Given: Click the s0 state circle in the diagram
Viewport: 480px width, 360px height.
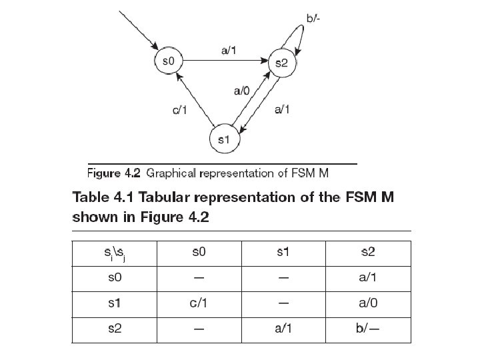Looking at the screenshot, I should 169,61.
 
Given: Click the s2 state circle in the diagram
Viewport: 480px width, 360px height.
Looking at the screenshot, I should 281,63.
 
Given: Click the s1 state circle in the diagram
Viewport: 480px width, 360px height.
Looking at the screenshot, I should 225,140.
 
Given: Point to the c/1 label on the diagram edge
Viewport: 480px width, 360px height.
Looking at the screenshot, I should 180,111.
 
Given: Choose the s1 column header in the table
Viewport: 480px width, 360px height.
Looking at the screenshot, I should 283,252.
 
